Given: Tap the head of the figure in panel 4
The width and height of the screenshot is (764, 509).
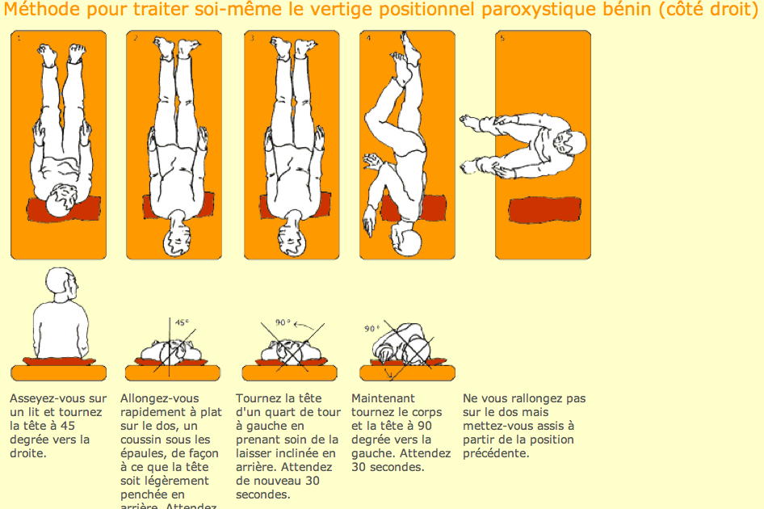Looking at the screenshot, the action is (408, 239).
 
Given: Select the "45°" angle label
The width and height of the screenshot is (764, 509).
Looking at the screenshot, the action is (183, 322).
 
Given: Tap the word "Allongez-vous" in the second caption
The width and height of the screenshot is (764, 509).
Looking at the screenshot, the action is (159, 398).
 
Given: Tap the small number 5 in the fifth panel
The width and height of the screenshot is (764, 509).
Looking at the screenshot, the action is (502, 38).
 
